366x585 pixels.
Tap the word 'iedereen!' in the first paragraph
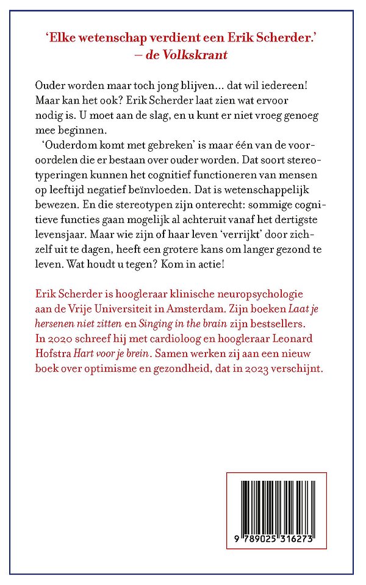click(x=290, y=84)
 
